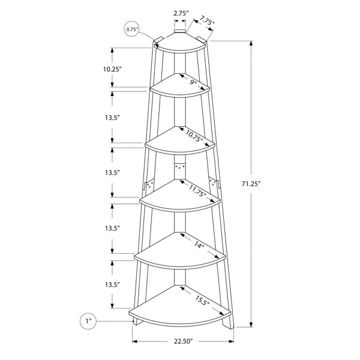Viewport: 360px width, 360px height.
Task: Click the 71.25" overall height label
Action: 251,184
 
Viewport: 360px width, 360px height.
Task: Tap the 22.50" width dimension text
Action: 182,341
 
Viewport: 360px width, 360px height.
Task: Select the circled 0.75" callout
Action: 132,29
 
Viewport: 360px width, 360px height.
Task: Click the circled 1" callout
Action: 88,321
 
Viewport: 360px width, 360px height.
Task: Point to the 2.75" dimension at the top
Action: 181,14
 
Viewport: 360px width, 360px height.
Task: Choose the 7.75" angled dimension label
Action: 206,20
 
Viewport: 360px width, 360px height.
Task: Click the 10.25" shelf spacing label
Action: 112,69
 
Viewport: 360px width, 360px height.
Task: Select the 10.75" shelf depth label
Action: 194,136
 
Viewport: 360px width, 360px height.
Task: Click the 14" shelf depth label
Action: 199,245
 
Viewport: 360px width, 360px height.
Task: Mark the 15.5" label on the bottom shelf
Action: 203,300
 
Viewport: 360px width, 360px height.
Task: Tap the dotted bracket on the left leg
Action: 149,185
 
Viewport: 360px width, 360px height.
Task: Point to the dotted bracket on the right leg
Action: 214,183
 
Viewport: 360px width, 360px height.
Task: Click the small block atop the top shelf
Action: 180,31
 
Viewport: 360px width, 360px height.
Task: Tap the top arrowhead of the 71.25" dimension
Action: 251,44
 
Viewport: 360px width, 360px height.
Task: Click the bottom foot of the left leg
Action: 137,321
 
